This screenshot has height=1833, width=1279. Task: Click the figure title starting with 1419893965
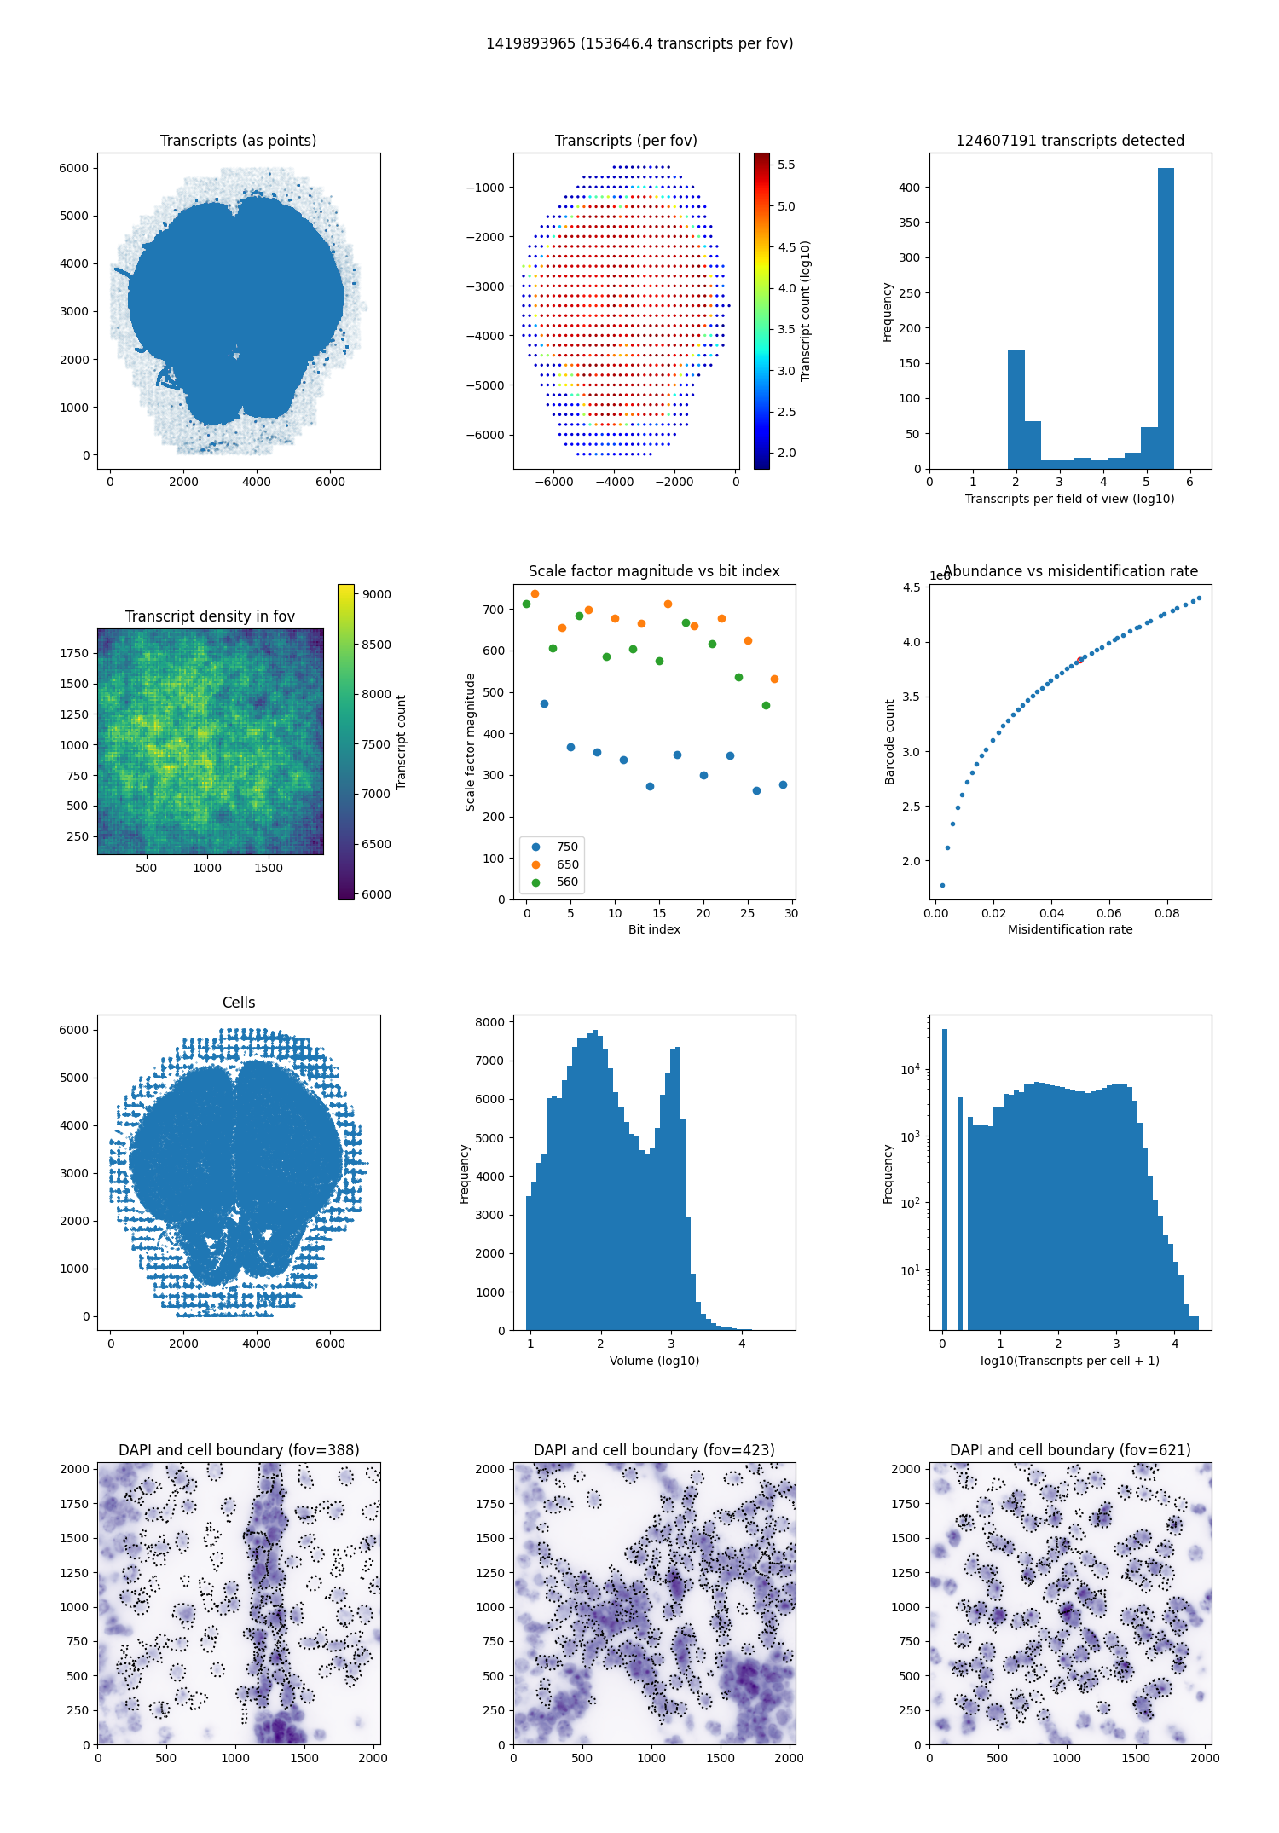[639, 43]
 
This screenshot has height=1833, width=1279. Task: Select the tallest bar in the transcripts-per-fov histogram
[1166, 318]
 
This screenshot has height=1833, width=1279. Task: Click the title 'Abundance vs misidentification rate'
[1070, 571]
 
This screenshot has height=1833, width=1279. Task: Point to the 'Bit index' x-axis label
[654, 929]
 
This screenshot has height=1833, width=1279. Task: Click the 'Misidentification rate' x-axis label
[1070, 929]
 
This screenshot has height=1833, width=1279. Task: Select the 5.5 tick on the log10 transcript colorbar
[786, 165]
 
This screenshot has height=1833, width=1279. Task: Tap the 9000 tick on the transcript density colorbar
[376, 594]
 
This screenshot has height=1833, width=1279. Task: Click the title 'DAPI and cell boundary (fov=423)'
[654, 1450]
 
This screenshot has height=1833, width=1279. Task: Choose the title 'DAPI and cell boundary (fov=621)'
[1070, 1450]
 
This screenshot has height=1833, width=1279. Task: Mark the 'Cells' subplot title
[239, 1003]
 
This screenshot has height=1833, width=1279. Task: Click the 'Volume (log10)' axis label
[654, 1361]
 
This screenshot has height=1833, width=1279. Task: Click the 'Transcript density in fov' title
[210, 616]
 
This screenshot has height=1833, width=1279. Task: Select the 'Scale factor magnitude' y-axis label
[470, 742]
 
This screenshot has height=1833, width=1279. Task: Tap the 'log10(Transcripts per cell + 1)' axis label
[1070, 1361]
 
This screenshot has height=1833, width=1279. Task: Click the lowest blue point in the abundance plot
[942, 885]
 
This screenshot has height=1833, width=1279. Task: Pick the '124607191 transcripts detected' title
[1070, 141]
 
